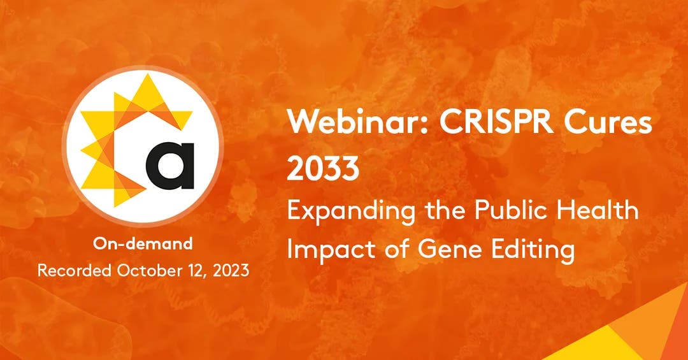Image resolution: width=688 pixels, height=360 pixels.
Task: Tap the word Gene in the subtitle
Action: (443, 249)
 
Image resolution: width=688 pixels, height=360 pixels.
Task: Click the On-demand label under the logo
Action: (143, 243)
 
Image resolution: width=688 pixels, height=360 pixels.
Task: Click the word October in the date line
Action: (147, 270)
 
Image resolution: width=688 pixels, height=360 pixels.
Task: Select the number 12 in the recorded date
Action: (190, 270)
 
